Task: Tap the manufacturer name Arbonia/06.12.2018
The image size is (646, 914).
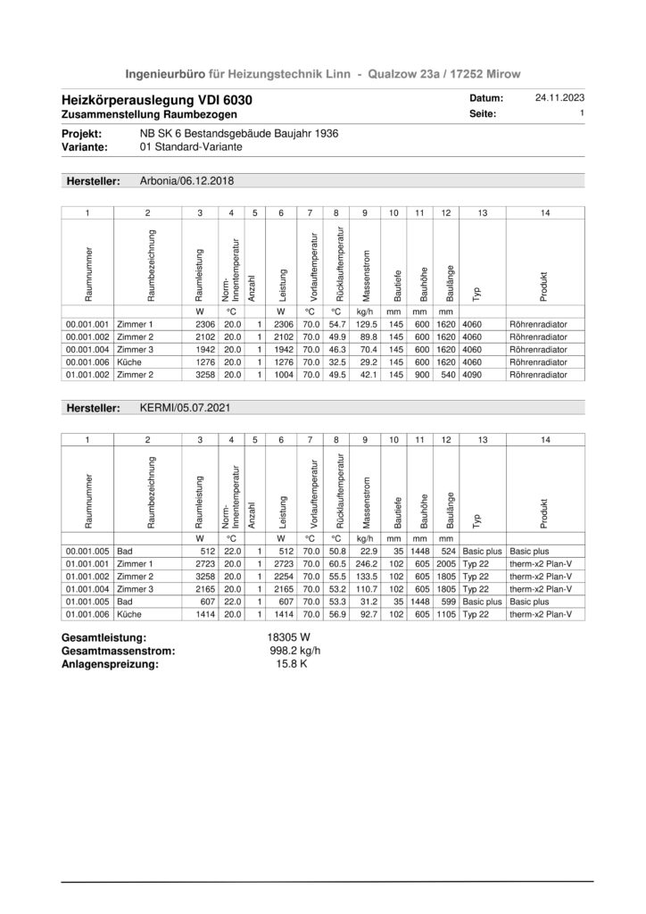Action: pos(186,180)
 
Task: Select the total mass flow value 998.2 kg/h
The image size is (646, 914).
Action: pos(294,651)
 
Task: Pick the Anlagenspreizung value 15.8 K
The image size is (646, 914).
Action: pos(292,664)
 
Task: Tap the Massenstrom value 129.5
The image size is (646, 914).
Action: pos(365,323)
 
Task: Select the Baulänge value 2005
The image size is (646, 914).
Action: pos(444,563)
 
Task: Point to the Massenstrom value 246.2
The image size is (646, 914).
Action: pos(365,563)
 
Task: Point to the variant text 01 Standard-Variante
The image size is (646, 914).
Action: pos(189,146)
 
